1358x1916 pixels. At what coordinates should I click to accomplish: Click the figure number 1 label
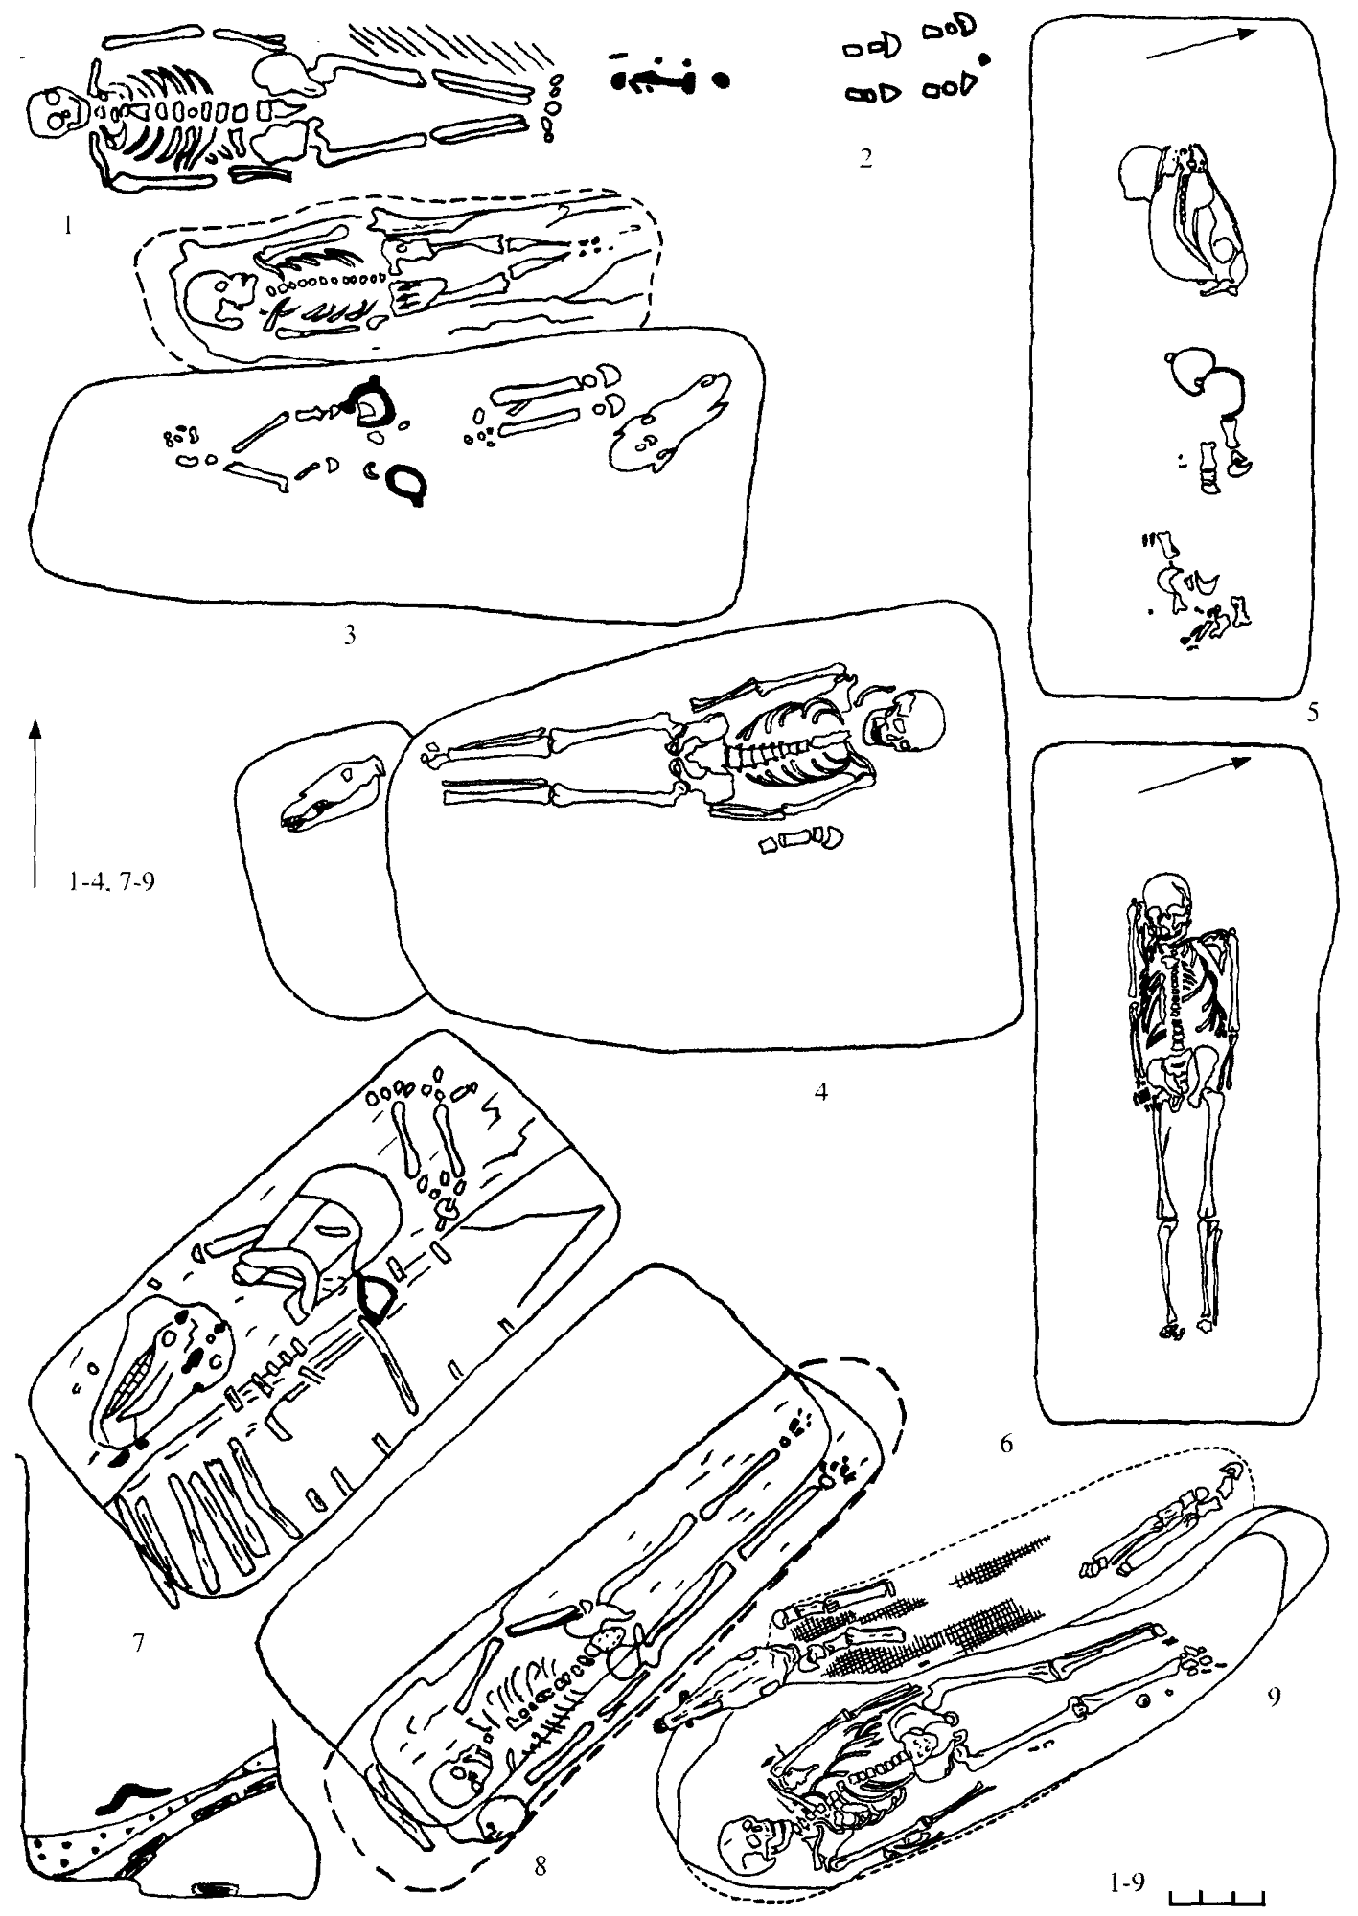(67, 228)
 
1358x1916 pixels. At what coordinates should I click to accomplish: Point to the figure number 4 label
(820, 1091)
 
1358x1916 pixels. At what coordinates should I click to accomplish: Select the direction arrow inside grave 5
(1202, 44)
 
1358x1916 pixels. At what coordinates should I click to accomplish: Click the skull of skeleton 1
(49, 114)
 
